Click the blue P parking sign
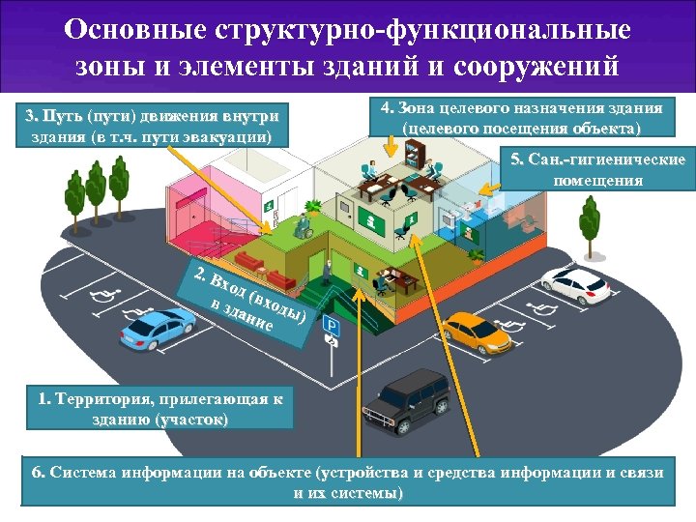pos(330,328)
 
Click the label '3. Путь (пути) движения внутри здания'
pos(152,126)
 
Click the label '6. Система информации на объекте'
pos(348,481)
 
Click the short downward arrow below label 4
pos(391,144)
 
